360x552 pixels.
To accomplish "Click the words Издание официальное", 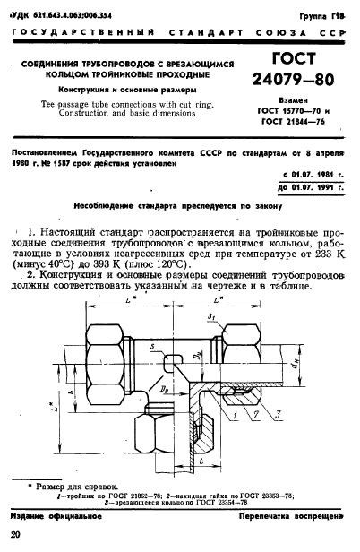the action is click(x=49, y=519).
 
